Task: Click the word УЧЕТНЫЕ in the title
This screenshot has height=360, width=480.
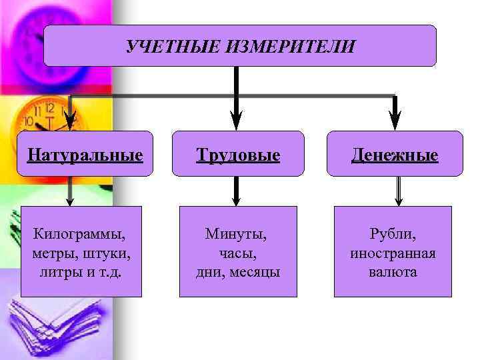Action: [163, 47]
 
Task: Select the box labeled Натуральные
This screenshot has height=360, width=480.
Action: [85, 155]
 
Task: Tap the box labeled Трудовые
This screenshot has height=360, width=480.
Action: [238, 155]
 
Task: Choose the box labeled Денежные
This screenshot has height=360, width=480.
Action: [395, 155]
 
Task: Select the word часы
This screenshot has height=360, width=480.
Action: [238, 253]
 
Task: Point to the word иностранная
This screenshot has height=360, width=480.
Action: [393, 253]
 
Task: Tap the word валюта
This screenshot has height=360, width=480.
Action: [393, 272]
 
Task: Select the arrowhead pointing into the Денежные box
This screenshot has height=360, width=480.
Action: [395, 122]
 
